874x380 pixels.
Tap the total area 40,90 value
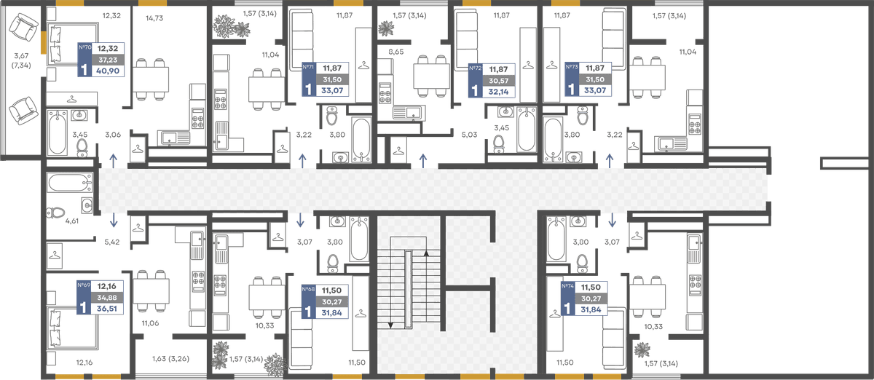tap(108, 71)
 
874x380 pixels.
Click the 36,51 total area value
tap(107, 309)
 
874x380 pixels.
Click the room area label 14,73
tap(154, 18)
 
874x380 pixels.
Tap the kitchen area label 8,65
tap(396, 52)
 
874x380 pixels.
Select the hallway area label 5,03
tap(469, 135)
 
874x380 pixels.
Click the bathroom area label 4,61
tap(72, 221)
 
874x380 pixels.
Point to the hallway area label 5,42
tap(112, 242)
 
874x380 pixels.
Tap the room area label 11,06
tap(150, 323)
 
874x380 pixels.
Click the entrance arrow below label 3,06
tap(113, 160)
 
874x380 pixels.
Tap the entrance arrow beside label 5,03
tap(423, 160)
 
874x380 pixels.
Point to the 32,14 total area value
tap(499, 92)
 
